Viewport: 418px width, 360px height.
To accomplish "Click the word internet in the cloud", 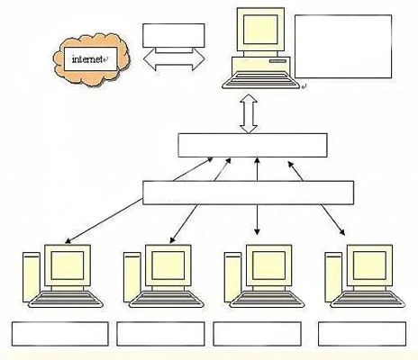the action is (87, 59).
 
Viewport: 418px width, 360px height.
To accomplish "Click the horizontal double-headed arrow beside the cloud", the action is (174, 58).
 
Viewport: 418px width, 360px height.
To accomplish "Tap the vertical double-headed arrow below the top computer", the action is (249, 113).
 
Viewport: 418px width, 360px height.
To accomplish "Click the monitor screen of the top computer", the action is (260, 30).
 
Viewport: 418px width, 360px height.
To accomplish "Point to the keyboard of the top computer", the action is (260, 80).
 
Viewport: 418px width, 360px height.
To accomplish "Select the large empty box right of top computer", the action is (343, 47).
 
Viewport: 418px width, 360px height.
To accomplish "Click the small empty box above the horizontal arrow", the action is (174, 35).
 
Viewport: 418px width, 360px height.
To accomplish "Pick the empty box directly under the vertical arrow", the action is (252, 146).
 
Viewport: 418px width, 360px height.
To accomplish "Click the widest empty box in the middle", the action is (248, 193).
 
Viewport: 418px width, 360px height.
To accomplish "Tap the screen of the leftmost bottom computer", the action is (68, 265).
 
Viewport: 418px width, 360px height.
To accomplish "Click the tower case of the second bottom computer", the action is (132, 277).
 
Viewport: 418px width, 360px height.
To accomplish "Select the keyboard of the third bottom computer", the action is (268, 300).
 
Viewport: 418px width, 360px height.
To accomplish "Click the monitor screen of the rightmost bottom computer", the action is (369, 265).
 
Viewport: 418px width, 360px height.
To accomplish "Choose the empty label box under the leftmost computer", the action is (60, 334).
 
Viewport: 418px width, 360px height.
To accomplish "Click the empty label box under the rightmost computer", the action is (362, 334).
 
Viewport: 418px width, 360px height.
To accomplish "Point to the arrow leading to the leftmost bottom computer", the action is (104, 220).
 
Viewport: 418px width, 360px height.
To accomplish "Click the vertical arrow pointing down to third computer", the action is (257, 220).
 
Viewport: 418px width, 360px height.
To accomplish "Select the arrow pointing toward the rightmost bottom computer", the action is (332, 220).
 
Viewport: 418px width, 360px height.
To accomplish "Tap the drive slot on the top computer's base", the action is (278, 61).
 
